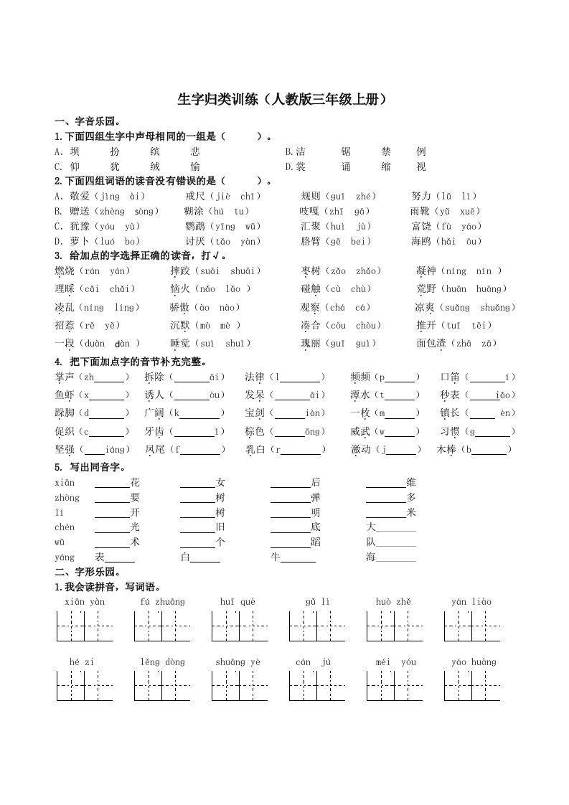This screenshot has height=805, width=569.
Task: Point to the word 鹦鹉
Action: point(195,226)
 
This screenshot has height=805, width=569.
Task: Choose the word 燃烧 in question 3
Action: point(65,271)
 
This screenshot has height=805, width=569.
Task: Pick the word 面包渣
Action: point(431,343)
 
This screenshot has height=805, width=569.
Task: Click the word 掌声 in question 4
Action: point(65,377)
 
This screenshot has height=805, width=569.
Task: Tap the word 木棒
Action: point(446,449)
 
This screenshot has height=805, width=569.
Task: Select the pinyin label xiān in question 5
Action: point(65,483)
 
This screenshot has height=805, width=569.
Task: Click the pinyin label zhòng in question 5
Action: point(67,498)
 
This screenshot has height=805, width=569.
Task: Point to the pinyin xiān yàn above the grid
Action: point(85,602)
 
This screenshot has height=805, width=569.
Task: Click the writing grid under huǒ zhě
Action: point(393,626)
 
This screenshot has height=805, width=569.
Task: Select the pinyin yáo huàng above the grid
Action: point(474,662)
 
